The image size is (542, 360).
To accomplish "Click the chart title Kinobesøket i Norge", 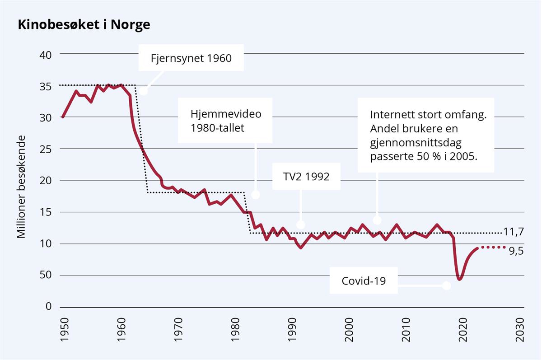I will (x=84, y=25).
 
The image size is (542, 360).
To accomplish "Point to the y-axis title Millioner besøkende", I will (x=21, y=186).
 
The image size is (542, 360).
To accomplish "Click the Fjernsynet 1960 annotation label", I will (x=191, y=58).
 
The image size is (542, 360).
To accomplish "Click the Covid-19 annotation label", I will (x=364, y=280).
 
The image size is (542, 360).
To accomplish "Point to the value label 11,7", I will (x=513, y=232).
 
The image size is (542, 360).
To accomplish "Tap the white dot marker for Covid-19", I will (x=447, y=285).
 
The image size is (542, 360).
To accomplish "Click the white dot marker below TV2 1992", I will (x=301, y=224).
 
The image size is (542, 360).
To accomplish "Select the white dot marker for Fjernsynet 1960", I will (x=144, y=91).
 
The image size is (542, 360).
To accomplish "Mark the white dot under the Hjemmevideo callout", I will (x=256, y=195).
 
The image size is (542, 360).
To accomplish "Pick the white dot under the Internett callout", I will (x=377, y=220).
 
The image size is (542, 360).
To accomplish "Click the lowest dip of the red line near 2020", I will (x=459, y=279).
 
